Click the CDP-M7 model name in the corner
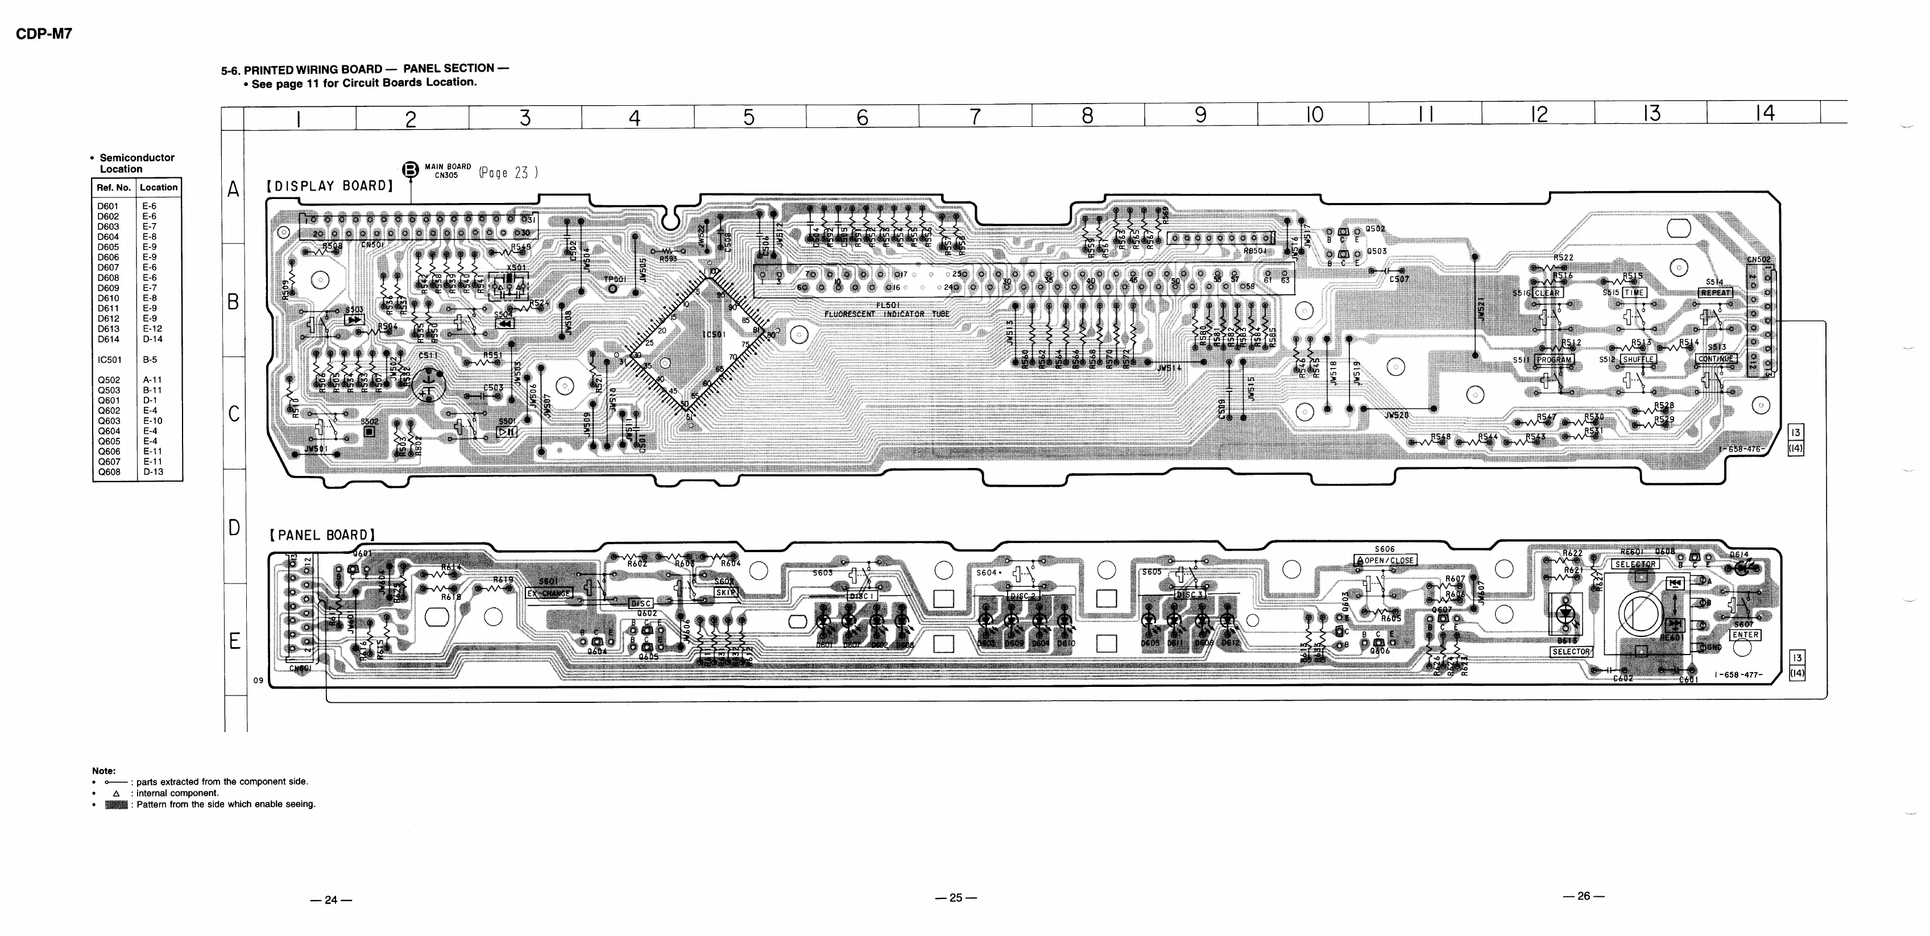[43, 34]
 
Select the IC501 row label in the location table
[109, 360]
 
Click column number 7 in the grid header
[975, 117]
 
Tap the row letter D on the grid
[234, 528]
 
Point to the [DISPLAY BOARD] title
[330, 186]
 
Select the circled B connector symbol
[411, 170]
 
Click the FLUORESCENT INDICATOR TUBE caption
[887, 314]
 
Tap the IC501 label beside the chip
[713, 334]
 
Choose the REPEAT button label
[1716, 293]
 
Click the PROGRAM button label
[1554, 360]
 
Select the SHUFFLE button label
[1638, 360]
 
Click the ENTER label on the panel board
[1745, 635]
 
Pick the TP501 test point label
[614, 279]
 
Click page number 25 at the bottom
[955, 897]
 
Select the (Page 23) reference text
[508, 173]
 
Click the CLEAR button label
[1547, 293]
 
